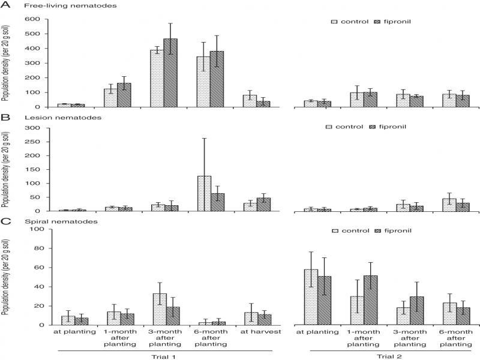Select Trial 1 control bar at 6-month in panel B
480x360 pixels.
pos(205,193)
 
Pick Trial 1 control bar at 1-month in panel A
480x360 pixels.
pos(110,98)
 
